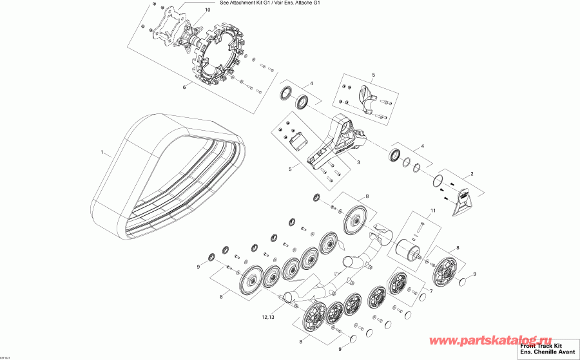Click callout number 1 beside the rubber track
pyautogui.click(x=101, y=153)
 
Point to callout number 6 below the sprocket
pyautogui.click(x=184, y=86)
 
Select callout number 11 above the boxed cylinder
pyautogui.click(x=433, y=211)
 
